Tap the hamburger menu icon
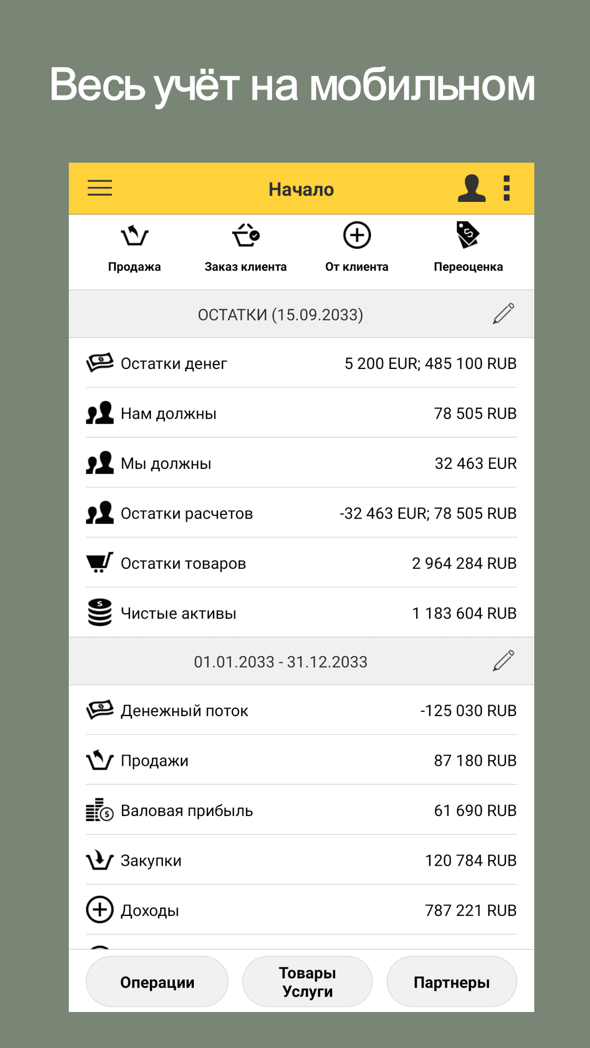click(100, 188)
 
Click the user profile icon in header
click(471, 188)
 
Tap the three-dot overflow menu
click(506, 188)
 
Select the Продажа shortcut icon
click(134, 236)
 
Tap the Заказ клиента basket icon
click(246, 236)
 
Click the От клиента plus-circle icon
click(357, 236)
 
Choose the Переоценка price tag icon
click(468, 235)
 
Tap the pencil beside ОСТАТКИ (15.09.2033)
click(503, 314)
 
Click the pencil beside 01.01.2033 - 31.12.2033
click(503, 661)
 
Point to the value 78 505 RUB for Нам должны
click(475, 414)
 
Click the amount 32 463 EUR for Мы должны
click(475, 463)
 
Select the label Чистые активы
click(178, 614)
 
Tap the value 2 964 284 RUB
click(464, 563)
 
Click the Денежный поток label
click(184, 711)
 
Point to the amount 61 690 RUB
click(475, 811)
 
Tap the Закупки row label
click(151, 861)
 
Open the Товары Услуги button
click(308, 982)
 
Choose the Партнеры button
click(451, 982)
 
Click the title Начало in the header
click(301, 189)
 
